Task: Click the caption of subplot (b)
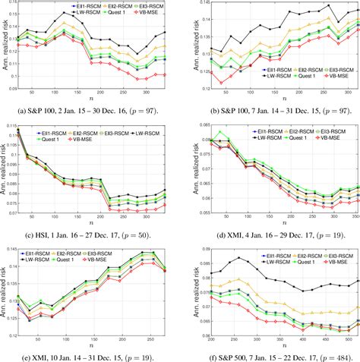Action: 270,111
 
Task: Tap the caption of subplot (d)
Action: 270,231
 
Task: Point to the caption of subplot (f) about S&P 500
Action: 270,353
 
